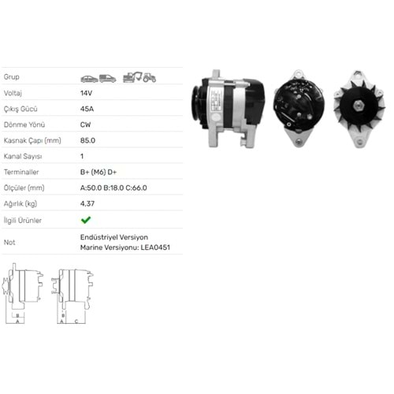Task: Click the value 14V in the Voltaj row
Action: tap(86, 93)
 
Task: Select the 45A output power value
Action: tap(87, 109)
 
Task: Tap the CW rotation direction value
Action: tap(86, 125)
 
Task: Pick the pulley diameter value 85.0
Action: tap(87, 140)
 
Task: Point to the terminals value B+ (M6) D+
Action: tap(98, 172)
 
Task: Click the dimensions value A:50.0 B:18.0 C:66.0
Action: tap(113, 188)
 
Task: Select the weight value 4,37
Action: tap(87, 203)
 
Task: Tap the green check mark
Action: tap(86, 220)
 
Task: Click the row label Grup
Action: tap(12, 77)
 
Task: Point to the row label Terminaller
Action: tap(21, 172)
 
